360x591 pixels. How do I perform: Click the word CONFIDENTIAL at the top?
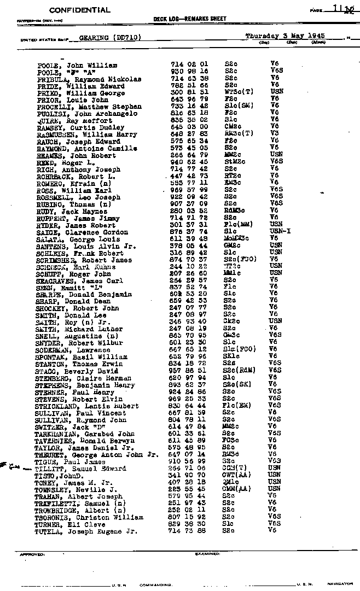click(x=79, y=10)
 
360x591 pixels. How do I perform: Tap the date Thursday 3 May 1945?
click(x=285, y=36)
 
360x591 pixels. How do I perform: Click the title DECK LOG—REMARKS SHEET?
click(x=190, y=19)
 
